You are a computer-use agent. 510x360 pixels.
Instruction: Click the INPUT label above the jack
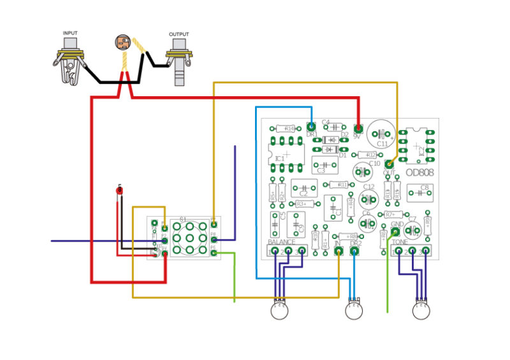71,33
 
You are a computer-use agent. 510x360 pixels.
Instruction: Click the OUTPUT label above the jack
178,34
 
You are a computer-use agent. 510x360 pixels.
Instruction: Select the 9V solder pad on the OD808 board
358,127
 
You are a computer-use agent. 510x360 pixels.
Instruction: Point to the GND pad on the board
396,232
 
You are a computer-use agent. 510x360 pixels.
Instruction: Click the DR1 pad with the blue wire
311,125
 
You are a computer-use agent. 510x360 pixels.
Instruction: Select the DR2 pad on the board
354,252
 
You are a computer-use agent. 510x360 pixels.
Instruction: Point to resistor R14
289,129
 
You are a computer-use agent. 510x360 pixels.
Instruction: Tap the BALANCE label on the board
281,243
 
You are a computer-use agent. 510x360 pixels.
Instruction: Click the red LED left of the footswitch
119,191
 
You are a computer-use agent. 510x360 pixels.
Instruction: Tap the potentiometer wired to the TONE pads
421,310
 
